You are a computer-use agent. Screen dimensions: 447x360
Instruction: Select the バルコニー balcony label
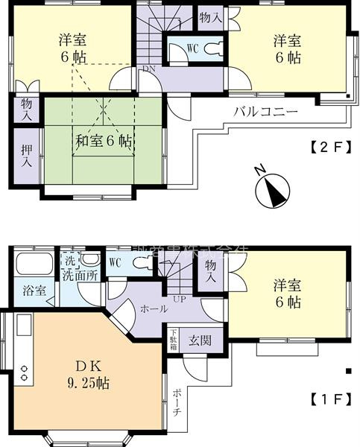coord(266,112)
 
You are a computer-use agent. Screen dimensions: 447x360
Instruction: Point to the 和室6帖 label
coord(104,140)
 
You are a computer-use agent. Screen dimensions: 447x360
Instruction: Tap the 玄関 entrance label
coord(198,340)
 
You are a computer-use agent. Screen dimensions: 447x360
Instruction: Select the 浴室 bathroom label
coord(34,291)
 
